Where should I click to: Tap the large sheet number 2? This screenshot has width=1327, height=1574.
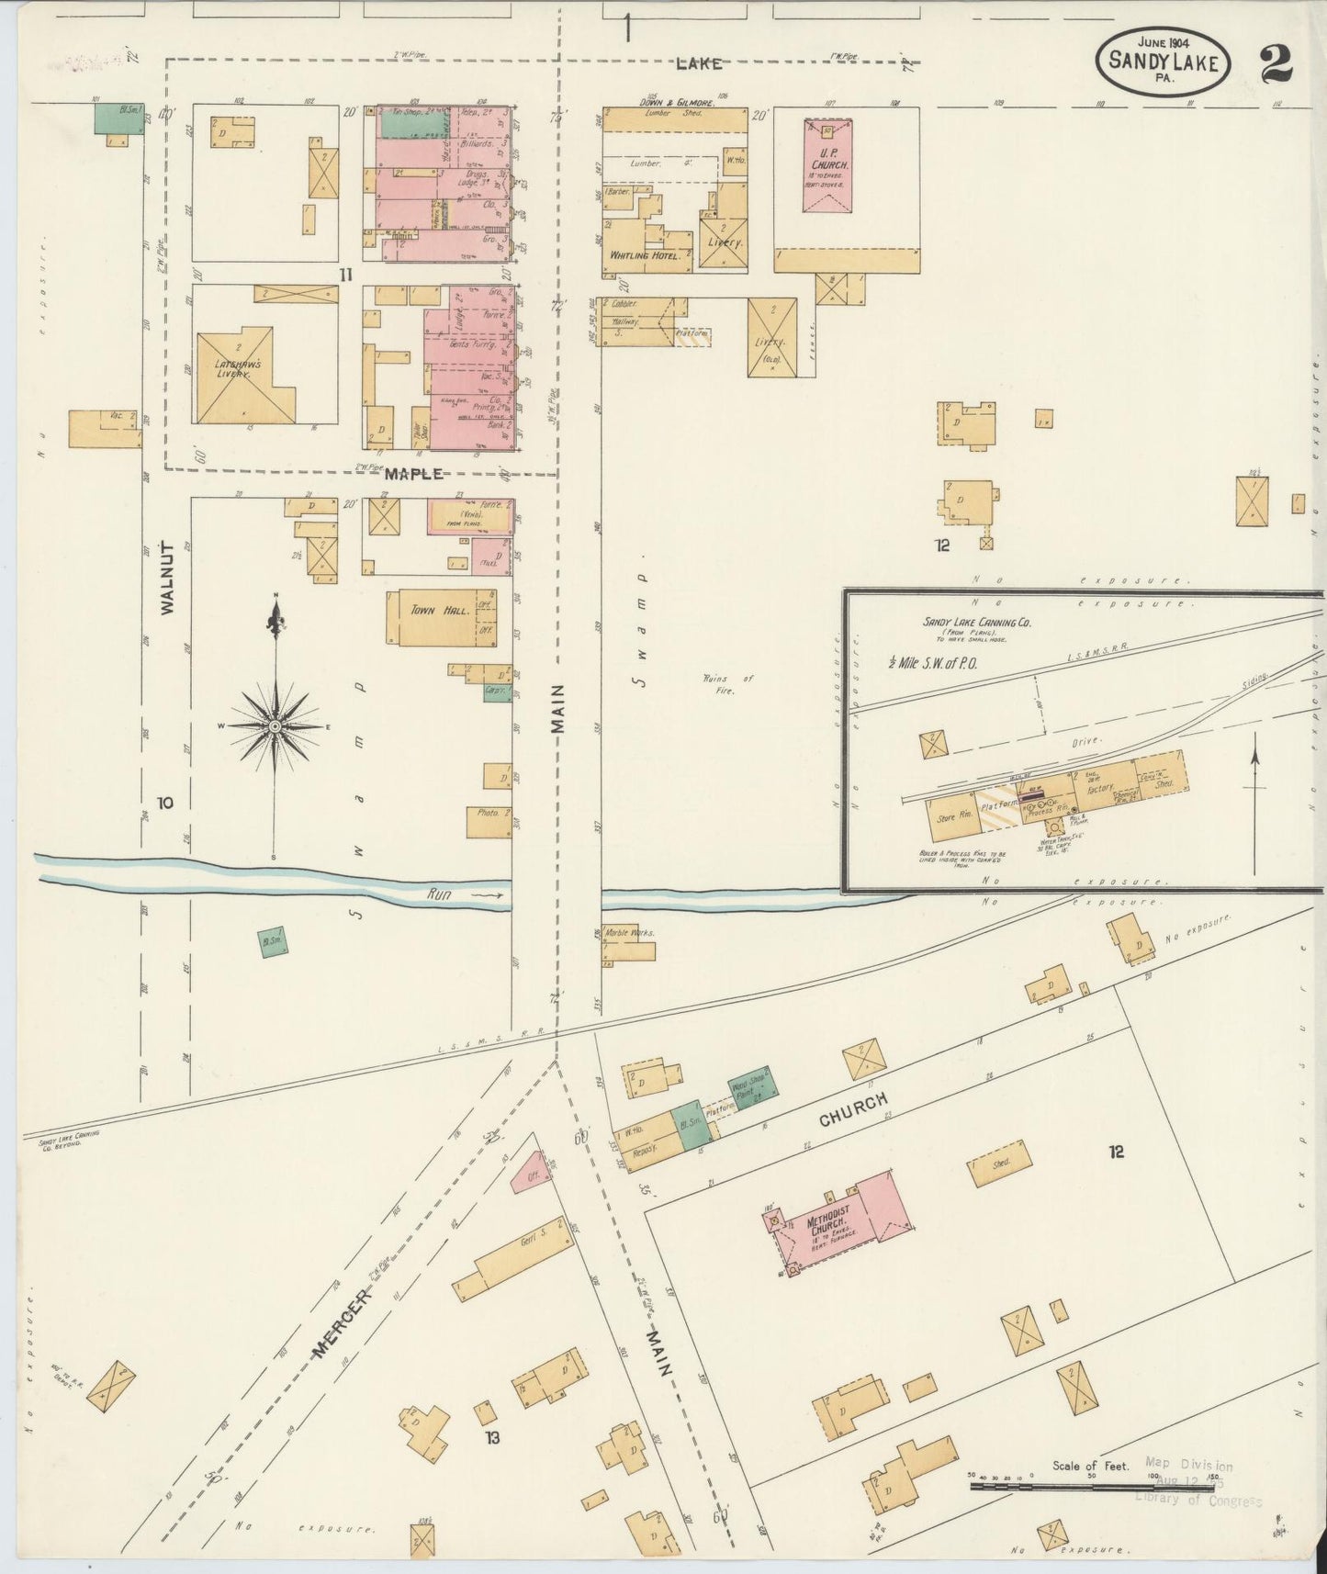click(1276, 63)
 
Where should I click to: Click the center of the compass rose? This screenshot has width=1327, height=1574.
click(275, 725)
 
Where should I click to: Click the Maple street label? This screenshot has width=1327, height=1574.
click(413, 474)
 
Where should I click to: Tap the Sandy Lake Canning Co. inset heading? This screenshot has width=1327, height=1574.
click(976, 622)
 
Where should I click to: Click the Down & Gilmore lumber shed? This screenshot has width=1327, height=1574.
click(675, 118)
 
